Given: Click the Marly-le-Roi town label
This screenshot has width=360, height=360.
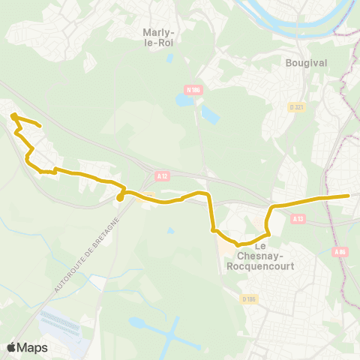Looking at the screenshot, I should click(158, 37).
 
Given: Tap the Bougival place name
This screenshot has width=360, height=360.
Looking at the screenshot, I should click(306, 63).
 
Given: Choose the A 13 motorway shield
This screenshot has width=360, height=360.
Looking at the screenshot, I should click(298, 218).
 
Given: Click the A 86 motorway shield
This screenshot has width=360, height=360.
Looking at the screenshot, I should click(341, 252).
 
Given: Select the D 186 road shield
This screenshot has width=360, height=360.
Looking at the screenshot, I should click(249, 298).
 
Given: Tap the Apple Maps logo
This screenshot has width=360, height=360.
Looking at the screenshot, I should click(27, 347).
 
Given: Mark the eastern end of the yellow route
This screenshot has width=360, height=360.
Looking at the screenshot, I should click(349, 196).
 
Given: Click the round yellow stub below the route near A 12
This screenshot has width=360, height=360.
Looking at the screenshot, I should click(120, 199).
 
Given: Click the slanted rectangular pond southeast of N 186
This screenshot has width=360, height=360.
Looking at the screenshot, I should click(209, 115).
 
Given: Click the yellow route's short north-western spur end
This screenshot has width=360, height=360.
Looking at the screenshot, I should click(38, 127).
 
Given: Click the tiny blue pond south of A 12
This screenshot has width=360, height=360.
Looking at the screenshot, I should click(172, 230).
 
